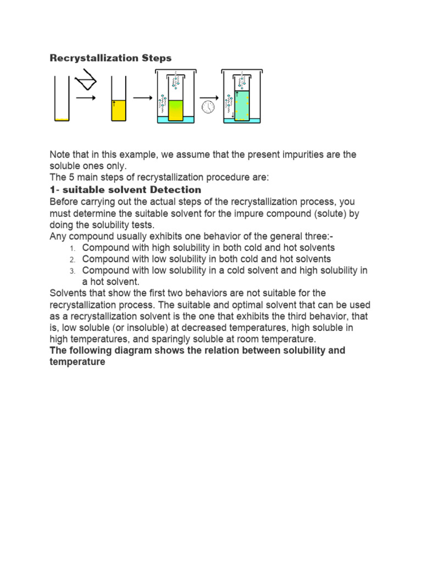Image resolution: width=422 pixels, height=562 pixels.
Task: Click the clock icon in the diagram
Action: (x=208, y=107)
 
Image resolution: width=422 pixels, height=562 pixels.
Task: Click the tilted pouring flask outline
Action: (x=86, y=83)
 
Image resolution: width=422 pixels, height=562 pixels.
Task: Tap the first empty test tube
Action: (x=62, y=98)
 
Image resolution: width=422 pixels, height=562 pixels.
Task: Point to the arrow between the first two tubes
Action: (x=86, y=98)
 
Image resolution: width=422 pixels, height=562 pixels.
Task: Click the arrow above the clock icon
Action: (x=208, y=98)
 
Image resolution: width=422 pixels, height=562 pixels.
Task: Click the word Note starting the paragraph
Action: (x=61, y=155)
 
